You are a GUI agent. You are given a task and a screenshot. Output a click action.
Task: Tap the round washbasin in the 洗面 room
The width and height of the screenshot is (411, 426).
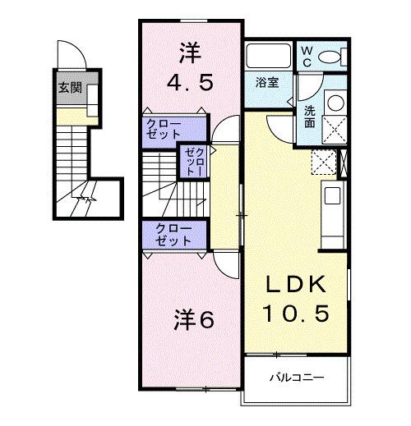(335, 103)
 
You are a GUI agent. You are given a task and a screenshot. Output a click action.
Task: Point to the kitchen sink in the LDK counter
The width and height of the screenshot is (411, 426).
(333, 196)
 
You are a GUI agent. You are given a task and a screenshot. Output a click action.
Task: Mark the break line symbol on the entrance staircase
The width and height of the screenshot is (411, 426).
(84, 199)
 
